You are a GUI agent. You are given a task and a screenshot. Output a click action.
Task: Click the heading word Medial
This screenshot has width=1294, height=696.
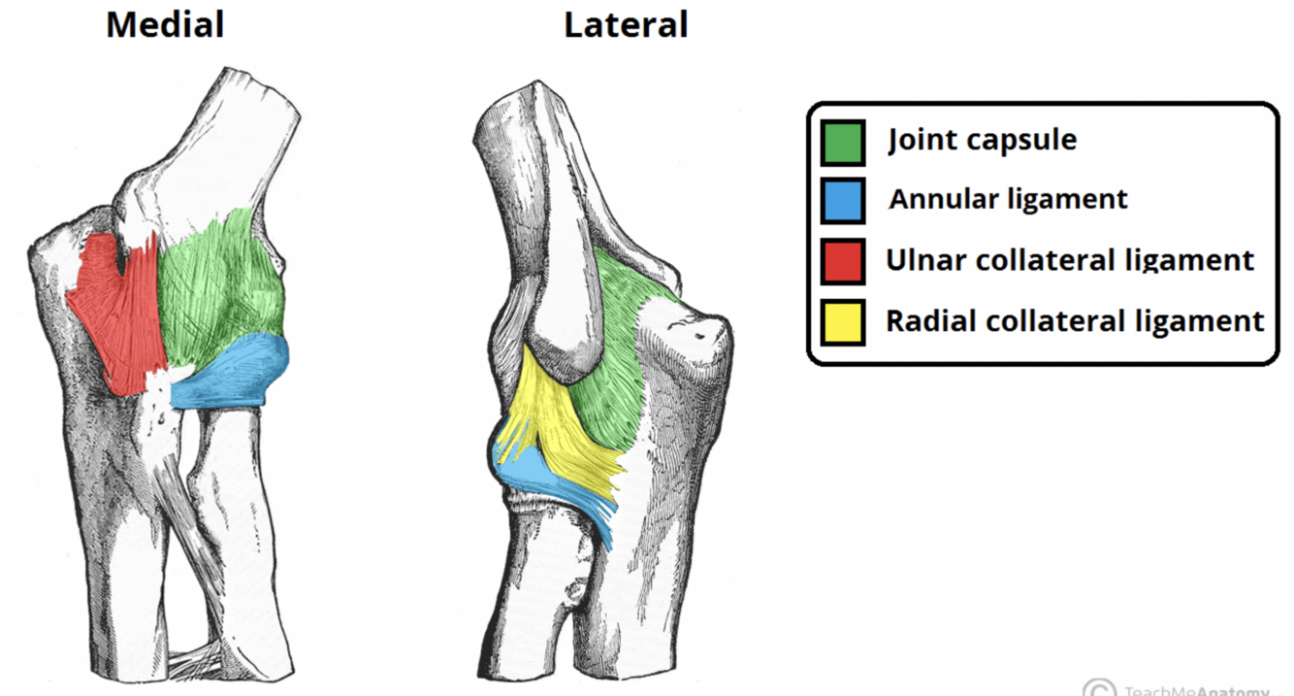tap(165, 24)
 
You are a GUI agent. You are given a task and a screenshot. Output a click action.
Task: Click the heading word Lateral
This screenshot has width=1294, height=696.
tap(626, 24)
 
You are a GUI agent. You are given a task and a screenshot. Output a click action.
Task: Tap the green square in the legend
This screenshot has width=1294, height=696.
tap(842, 142)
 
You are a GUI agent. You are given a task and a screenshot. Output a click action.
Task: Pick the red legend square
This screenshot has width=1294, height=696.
tap(842, 261)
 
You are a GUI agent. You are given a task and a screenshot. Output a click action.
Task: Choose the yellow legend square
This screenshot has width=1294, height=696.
tap(842, 322)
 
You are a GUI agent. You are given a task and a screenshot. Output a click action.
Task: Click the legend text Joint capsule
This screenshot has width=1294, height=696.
tap(983, 140)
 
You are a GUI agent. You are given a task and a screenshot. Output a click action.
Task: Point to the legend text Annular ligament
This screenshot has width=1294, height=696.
tap(1009, 200)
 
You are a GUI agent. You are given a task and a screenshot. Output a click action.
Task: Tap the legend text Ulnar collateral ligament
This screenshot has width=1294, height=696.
tap(1070, 260)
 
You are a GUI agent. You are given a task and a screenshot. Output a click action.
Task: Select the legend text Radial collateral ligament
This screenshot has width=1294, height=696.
tap(1075, 320)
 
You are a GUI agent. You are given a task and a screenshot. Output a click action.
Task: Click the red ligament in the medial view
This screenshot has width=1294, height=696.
tap(121, 311)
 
